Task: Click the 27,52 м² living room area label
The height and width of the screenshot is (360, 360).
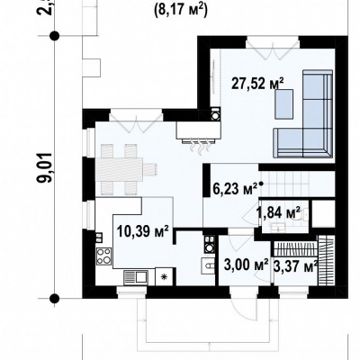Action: click(x=257, y=83)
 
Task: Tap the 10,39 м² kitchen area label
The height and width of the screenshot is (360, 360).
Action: click(x=143, y=231)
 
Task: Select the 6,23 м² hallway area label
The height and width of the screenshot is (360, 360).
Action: click(x=235, y=189)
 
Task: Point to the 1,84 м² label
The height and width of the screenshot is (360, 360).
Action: click(x=278, y=212)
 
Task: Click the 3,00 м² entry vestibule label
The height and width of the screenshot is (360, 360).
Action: click(x=246, y=265)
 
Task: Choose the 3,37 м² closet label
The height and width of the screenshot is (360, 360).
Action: click(x=296, y=266)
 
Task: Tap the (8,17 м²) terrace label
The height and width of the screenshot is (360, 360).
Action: click(x=181, y=11)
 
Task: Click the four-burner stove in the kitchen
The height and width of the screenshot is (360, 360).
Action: click(x=104, y=256)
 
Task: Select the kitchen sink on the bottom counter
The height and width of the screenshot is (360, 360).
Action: click(x=136, y=277)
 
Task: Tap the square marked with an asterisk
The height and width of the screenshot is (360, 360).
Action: click(x=164, y=277)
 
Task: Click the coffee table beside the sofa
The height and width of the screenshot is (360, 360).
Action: click(x=283, y=104)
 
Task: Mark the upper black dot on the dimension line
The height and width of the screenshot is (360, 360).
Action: click(x=54, y=36)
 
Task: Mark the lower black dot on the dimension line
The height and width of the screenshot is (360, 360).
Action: click(x=54, y=299)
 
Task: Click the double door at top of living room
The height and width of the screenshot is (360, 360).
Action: click(x=273, y=49)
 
